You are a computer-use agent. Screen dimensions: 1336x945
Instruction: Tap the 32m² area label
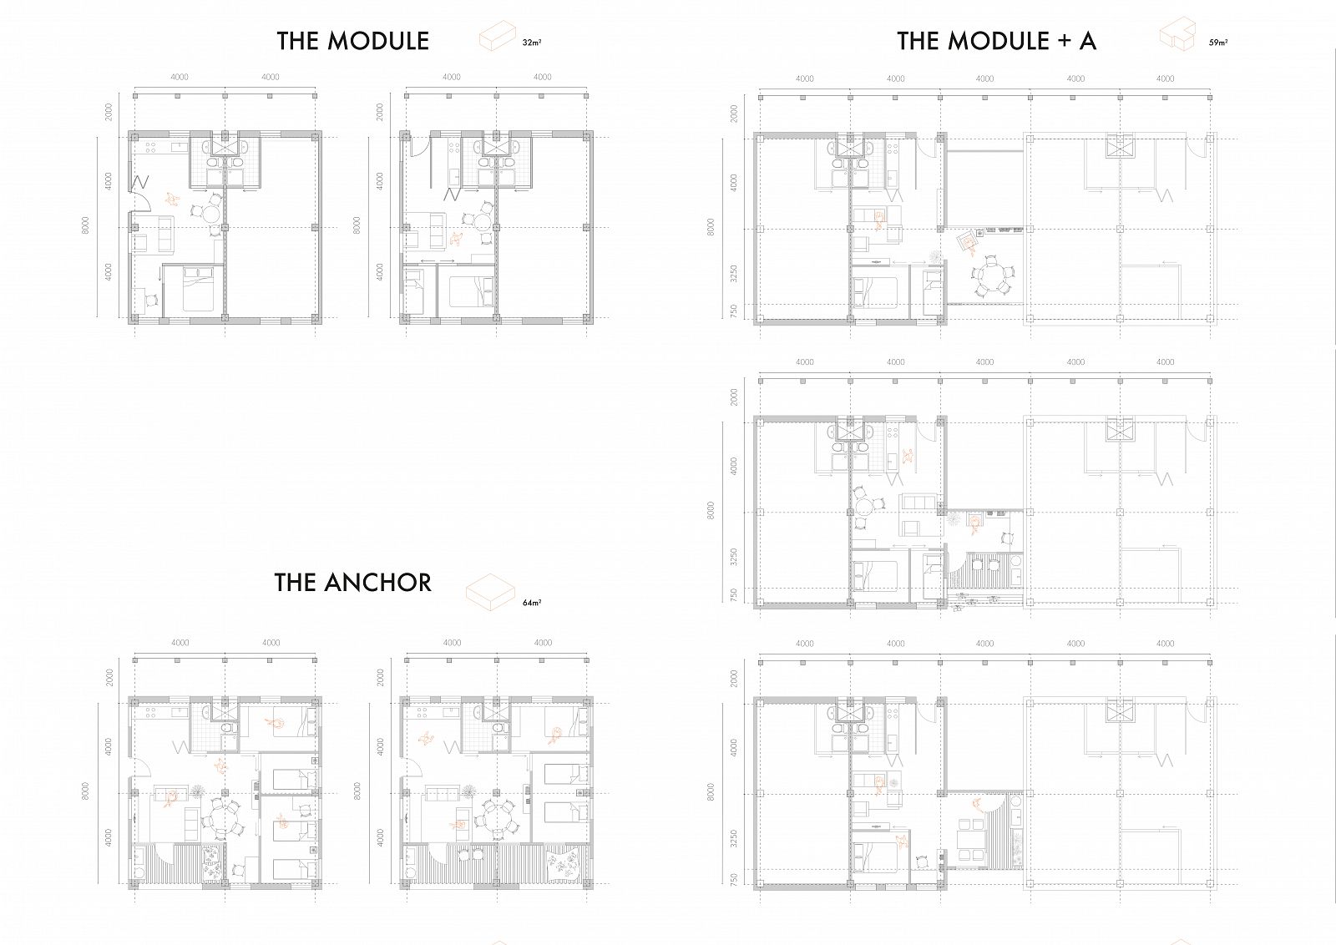click(532, 43)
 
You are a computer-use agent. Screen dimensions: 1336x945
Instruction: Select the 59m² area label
click(1218, 43)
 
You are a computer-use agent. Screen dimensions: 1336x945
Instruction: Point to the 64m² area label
click(532, 603)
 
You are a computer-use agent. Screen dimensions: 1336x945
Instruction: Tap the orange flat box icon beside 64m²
click(490, 593)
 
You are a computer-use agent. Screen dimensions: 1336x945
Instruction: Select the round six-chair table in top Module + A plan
click(991, 276)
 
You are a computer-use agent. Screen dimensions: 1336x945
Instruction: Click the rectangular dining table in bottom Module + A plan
click(970, 840)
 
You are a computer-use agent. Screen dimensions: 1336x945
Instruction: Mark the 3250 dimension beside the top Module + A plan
click(734, 274)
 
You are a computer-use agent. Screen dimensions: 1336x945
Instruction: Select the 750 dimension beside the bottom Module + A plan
click(734, 879)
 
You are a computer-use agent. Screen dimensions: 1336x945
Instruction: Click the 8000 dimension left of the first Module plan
click(86, 225)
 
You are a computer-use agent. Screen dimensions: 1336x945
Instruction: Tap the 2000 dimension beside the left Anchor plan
click(109, 677)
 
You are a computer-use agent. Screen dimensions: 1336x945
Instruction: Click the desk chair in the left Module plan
click(151, 300)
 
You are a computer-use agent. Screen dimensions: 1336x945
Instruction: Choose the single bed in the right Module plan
click(414, 291)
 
